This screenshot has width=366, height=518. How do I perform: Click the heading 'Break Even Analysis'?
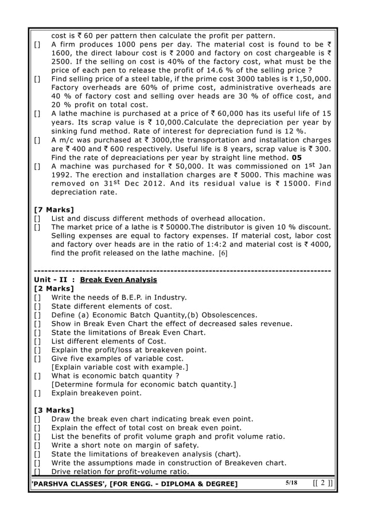(x=118, y=280)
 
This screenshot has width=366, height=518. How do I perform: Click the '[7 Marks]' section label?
(x=54, y=208)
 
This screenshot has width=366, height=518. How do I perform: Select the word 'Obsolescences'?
(x=228, y=315)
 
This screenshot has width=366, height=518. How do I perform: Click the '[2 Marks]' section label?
(x=54, y=288)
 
